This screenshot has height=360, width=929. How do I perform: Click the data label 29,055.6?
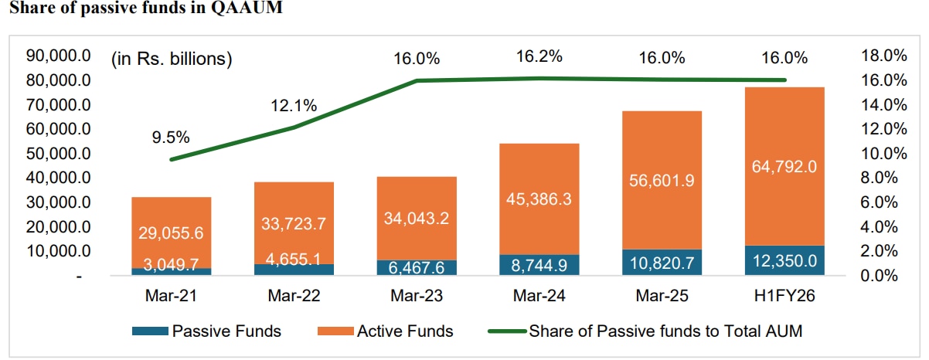171,233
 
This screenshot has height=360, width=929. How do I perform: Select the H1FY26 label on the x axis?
784,296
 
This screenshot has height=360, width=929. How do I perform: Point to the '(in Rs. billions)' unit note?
171,59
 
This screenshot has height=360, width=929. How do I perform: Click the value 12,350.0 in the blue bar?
784,261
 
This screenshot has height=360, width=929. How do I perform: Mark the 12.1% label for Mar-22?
294,106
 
